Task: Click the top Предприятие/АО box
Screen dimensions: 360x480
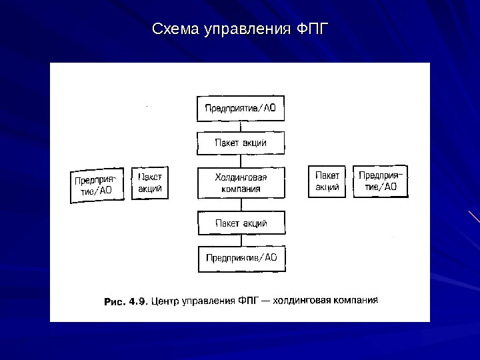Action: [x=241, y=108]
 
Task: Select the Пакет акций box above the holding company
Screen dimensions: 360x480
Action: [x=241, y=143]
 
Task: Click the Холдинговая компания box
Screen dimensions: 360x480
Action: [x=241, y=183]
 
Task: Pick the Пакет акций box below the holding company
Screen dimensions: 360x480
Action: [x=241, y=223]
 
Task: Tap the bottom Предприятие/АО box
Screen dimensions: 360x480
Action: [x=241, y=259]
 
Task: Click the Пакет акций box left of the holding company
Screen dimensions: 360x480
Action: [x=149, y=183]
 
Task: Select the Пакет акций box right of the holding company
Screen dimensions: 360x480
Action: [x=327, y=181]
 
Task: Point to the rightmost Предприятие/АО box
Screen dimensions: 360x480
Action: [x=381, y=181]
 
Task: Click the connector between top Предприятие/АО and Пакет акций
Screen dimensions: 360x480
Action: [x=241, y=126]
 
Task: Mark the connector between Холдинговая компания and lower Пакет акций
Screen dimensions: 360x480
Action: [x=241, y=205]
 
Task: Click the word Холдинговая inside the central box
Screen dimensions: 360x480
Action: [x=241, y=177]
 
